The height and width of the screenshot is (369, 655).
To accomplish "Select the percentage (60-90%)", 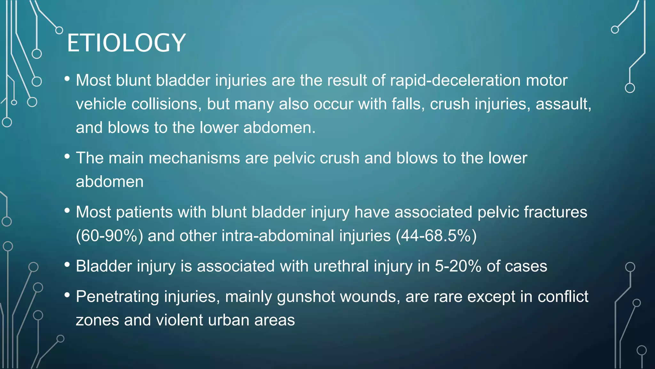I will pos(109,236).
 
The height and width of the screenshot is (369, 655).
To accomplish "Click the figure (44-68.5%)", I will pos(436,236).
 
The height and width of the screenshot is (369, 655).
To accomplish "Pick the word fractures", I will pos(555,212).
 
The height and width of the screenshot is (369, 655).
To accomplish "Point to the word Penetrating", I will pos(117,297).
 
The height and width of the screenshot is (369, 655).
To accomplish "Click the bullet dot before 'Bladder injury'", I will pos(67,265).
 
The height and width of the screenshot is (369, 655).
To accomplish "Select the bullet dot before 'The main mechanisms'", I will pos(67,157).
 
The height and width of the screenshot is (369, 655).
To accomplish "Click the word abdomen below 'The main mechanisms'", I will pos(110,182).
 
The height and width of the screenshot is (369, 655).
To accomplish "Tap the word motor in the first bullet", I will pos(547,80).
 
